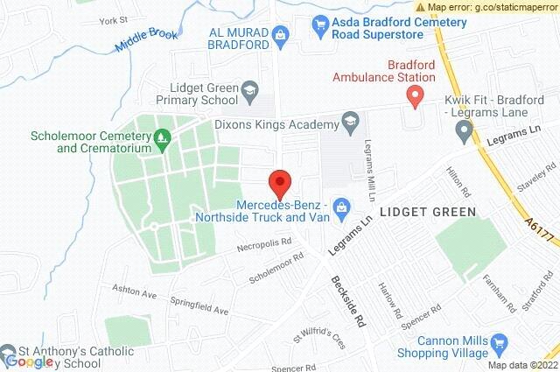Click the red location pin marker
pyautogui.click(x=280, y=183)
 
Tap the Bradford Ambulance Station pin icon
pyautogui.click(x=417, y=95)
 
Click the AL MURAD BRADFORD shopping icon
pyautogui.click(x=280, y=36)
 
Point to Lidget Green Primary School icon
pyautogui.click(x=250, y=90)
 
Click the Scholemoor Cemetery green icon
pyautogui.click(x=161, y=138)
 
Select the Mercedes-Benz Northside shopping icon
pyautogui.click(x=342, y=207)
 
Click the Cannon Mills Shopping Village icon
pyautogui.click(x=500, y=344)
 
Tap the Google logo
pyautogui.click(x=30, y=361)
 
